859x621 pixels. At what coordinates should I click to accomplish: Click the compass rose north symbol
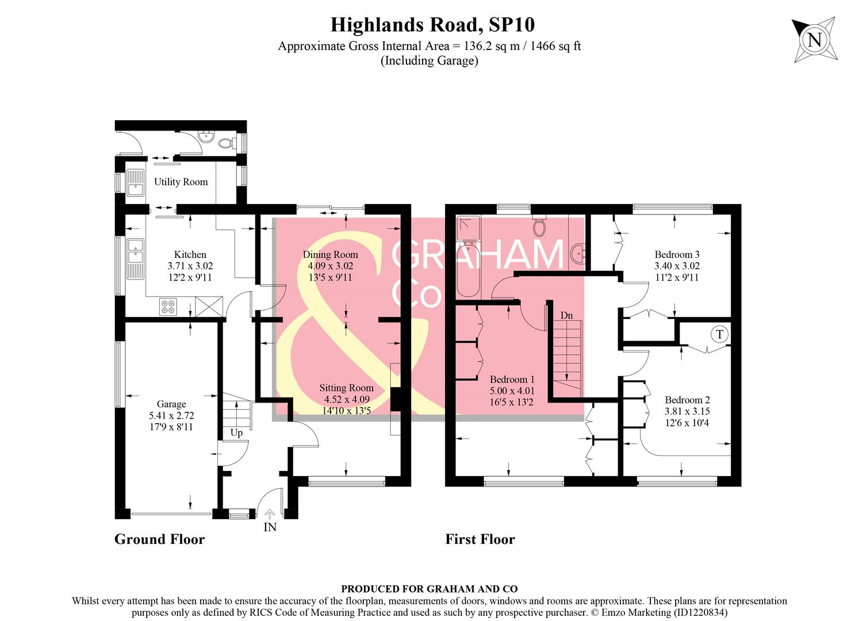pos(814,40)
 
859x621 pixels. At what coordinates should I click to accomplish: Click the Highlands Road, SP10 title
pos(432,25)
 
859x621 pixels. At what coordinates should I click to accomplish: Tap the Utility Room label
pos(181,182)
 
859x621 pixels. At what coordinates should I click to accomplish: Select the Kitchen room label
pos(190,254)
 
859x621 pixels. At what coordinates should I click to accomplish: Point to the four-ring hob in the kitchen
pos(168,307)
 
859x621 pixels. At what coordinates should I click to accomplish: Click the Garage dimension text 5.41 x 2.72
pos(171,416)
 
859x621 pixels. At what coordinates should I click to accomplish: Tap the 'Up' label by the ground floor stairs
pos(236,432)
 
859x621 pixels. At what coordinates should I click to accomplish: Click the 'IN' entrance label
pos(270,527)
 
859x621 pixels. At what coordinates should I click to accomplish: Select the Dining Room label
pos(330,254)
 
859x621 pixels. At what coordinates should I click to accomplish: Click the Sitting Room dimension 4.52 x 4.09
pos(346,400)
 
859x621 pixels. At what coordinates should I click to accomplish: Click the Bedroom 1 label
pos(512,379)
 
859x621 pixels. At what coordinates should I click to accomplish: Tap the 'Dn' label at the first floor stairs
pos(566,315)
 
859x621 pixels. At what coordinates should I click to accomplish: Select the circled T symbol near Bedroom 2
pos(719,334)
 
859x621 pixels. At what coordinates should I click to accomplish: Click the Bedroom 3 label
pos(677,254)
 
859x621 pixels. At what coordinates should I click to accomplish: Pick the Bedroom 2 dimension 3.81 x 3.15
pos(687,412)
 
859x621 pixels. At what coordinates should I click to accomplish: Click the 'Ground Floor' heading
pos(159,539)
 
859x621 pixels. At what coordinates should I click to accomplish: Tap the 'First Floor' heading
pos(480,539)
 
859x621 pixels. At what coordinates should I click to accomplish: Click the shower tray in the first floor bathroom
pos(467,228)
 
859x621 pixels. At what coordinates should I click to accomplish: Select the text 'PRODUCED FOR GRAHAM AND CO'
pos(429,589)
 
